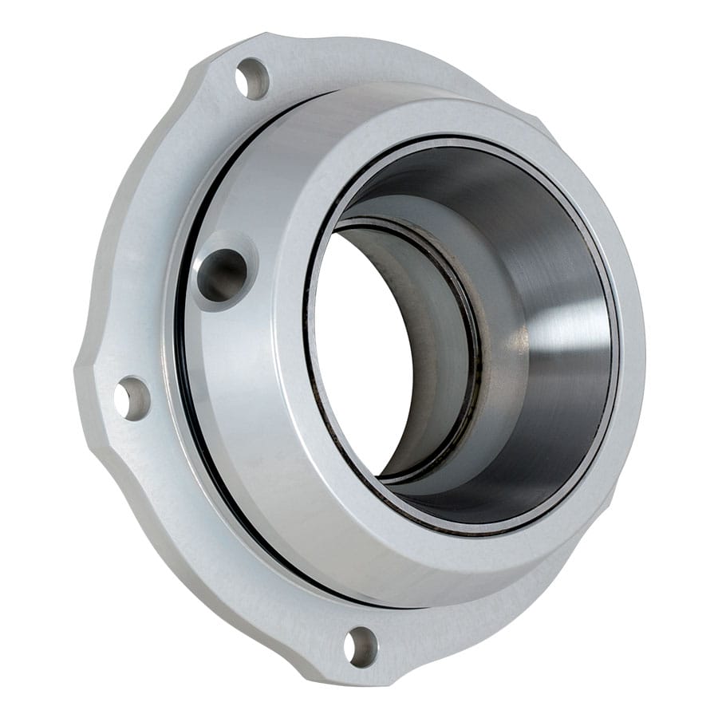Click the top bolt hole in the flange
pos(253,78)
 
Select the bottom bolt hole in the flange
pos(361,645)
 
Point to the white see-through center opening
pos(363,351)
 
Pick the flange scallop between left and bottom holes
pos(199,550)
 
